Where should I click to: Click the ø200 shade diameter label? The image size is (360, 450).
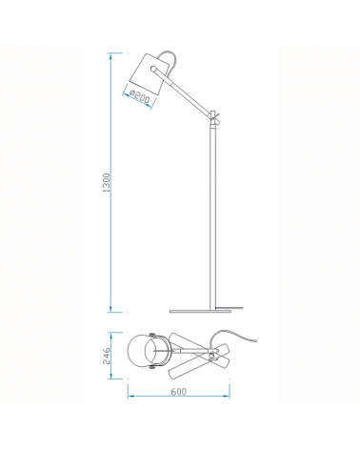click(x=143, y=95)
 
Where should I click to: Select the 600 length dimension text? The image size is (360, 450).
click(x=179, y=418)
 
